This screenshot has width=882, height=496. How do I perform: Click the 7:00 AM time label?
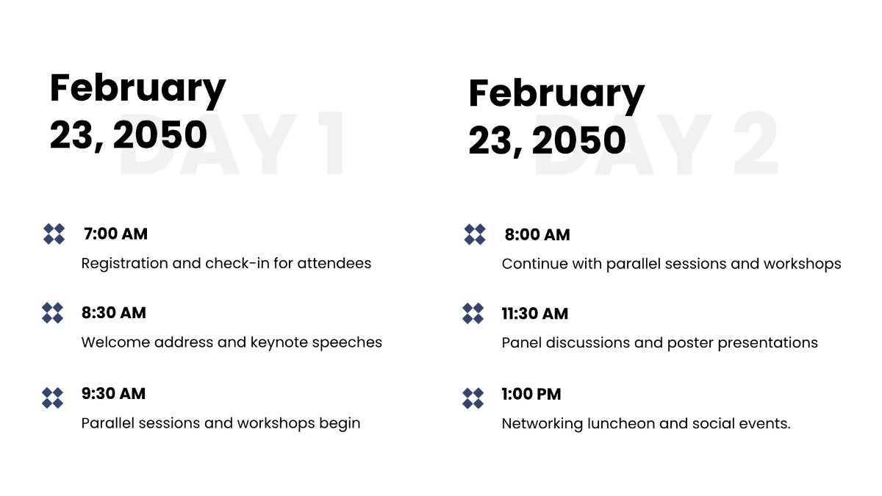[115, 234]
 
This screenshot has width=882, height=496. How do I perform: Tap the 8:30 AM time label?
[114, 313]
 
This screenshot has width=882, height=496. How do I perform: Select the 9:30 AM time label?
[114, 394]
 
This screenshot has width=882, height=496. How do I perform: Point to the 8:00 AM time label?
[537, 235]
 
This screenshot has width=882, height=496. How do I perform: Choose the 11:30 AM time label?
[535, 314]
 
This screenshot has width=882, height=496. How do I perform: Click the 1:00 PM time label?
[531, 395]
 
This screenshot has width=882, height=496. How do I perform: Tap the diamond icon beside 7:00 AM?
[54, 234]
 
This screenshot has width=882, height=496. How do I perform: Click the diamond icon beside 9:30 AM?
[53, 398]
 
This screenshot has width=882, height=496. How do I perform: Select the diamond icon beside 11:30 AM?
[473, 313]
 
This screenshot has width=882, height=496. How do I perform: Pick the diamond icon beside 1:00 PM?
[473, 398]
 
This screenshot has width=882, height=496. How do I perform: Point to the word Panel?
[523, 343]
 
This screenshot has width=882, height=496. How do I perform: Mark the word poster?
[689, 343]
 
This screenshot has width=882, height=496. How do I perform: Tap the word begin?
[340, 424]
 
